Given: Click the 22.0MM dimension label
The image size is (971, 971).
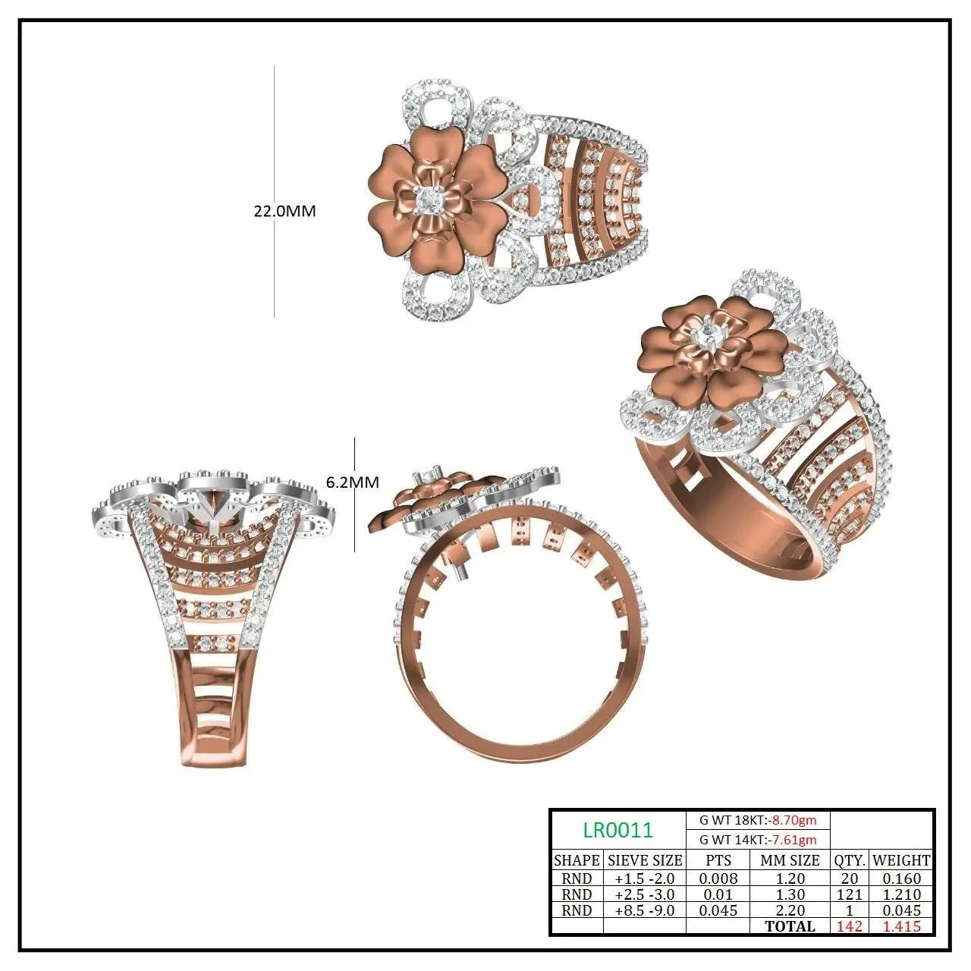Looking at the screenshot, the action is [x=284, y=211].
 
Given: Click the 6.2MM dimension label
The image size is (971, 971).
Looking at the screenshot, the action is [x=352, y=482].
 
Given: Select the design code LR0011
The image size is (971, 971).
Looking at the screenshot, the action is [x=618, y=830].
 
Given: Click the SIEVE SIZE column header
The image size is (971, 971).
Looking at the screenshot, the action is [x=645, y=860].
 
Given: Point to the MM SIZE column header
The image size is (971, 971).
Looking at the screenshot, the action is [x=790, y=860].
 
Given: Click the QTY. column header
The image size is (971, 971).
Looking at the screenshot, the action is [x=850, y=860].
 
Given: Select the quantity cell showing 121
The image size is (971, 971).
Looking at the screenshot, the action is [x=850, y=894].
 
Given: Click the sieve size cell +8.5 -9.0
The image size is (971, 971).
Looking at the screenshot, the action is [x=645, y=910].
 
